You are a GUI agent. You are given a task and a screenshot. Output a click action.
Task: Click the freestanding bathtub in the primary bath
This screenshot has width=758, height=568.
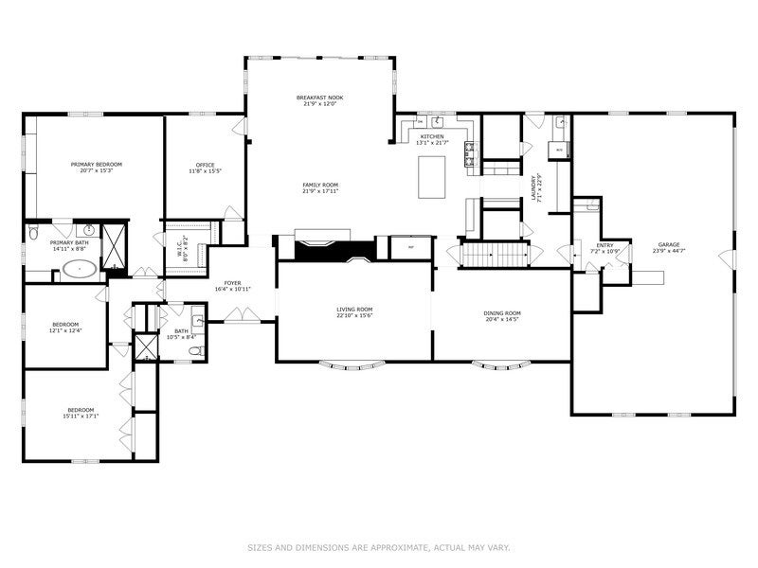(x=78, y=271)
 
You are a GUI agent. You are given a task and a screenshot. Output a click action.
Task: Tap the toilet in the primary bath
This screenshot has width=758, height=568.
(x=32, y=233)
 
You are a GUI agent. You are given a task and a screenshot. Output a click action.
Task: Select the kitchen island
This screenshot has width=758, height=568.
(x=432, y=176)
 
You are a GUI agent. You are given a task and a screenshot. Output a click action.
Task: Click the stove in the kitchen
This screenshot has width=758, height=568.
(x=468, y=151)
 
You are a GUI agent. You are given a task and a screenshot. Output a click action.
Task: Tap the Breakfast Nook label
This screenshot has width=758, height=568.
(x=318, y=98)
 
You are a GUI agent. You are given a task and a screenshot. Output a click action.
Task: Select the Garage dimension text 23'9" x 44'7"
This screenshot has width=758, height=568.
(x=670, y=252)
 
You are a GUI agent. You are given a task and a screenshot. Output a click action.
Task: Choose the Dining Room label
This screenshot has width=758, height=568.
(x=503, y=312)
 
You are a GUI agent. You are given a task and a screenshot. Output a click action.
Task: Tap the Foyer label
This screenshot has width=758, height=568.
(x=232, y=283)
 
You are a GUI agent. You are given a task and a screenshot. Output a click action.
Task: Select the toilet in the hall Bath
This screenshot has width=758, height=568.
(x=195, y=351)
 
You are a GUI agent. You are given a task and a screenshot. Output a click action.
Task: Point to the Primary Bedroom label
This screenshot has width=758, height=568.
(x=97, y=164)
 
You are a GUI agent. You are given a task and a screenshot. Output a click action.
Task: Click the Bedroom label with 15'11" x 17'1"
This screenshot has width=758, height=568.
(x=81, y=409)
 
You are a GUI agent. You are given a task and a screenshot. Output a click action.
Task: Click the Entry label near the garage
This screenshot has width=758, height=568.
(x=604, y=245)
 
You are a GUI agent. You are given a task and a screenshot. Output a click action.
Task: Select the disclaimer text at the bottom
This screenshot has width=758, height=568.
(x=379, y=547)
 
